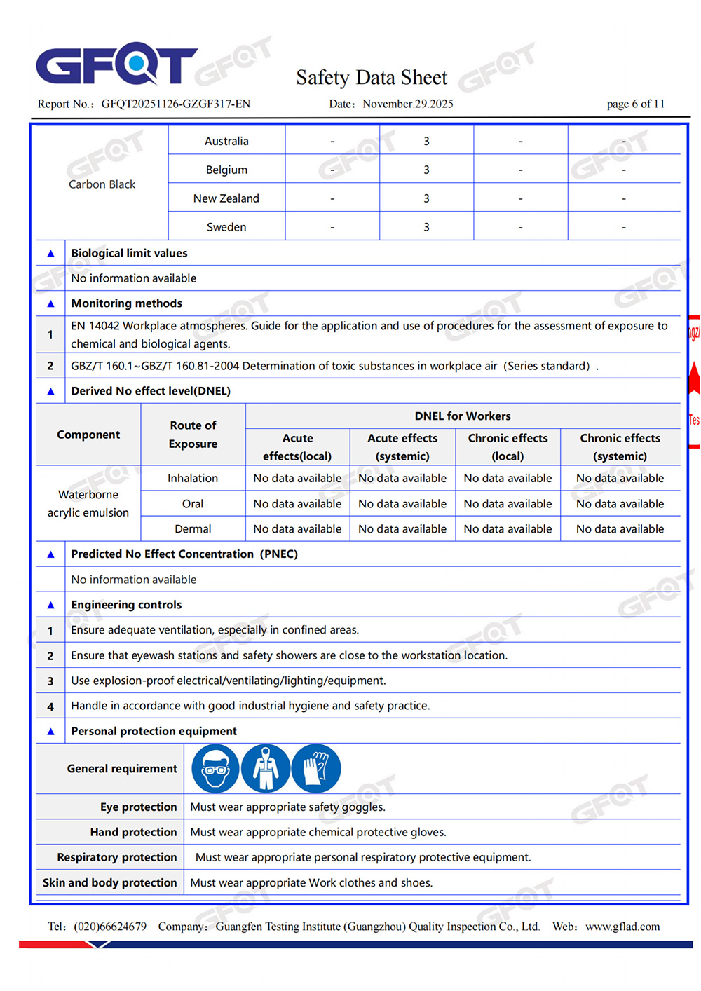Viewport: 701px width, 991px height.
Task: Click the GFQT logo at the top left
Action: (x=116, y=64)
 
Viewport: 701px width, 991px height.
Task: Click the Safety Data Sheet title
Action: (x=371, y=77)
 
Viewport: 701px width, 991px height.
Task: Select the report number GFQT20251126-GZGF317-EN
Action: (x=175, y=104)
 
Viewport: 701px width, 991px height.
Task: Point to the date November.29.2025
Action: (x=407, y=104)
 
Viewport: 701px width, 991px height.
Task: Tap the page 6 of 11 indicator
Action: (x=635, y=104)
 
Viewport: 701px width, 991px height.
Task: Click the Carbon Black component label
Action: (x=102, y=184)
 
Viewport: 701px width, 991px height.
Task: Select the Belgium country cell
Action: (x=226, y=170)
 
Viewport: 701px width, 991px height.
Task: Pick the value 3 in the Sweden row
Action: (x=426, y=227)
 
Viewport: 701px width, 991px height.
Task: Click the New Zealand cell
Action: (x=226, y=198)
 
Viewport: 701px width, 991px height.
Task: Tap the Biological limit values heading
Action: (x=129, y=253)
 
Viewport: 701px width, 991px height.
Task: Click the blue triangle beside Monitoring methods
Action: (x=50, y=303)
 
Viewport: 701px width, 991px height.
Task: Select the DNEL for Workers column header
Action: (x=463, y=416)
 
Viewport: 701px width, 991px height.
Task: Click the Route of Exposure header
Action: (x=193, y=435)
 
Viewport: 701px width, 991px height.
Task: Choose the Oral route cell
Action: (x=193, y=503)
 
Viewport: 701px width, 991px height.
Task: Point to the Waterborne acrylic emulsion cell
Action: (x=88, y=503)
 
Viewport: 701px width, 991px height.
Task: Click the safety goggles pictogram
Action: (x=215, y=768)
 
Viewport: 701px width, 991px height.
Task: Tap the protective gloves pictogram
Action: (x=316, y=768)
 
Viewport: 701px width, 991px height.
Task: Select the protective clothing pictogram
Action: (x=266, y=768)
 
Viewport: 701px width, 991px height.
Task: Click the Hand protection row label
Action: (x=133, y=832)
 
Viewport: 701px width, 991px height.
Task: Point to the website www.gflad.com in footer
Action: (x=622, y=927)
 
